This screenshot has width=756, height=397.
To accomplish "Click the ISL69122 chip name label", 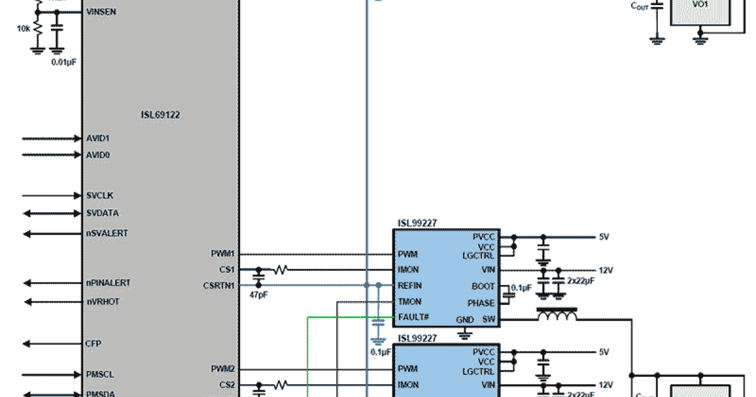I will coord(161,115).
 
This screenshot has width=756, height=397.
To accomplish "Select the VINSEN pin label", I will coord(101,12).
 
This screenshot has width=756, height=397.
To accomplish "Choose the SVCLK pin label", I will coord(100,195).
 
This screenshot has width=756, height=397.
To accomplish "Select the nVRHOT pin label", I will coord(102,302).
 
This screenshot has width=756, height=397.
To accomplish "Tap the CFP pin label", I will coord(93,344).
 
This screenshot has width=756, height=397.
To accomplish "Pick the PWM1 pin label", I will coord(223,254).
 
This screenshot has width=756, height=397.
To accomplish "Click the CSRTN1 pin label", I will coord(220,285).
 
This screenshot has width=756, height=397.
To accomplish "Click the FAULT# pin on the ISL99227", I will coord(413,316).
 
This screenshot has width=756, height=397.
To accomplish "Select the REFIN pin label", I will coord(409,285).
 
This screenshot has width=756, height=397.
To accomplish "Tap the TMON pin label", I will coord(409,301).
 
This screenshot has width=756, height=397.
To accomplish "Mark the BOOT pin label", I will coord(483,285).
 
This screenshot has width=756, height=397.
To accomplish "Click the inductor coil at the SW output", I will coord(556,315).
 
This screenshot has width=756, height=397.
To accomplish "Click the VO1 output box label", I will coord(700,4).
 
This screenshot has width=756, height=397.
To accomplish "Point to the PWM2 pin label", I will coord(223,369).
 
